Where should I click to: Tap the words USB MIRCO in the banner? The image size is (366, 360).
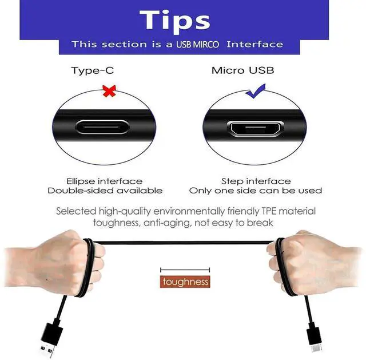197,45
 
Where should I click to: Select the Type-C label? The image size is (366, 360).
93,70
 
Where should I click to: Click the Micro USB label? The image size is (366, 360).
242,70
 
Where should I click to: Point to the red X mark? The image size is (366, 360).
109,91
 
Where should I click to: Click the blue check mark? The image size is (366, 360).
256,91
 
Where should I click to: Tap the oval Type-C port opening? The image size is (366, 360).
102,127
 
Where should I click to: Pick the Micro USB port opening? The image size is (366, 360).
256,128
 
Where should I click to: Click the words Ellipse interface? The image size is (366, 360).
104,181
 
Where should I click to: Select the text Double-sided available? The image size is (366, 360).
105,191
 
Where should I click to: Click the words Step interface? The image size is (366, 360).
256,181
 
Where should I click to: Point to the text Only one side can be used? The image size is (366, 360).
256,191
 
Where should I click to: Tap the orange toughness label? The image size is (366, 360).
185,282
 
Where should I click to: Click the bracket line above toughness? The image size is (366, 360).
185,270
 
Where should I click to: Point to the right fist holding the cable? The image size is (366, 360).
313,263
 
